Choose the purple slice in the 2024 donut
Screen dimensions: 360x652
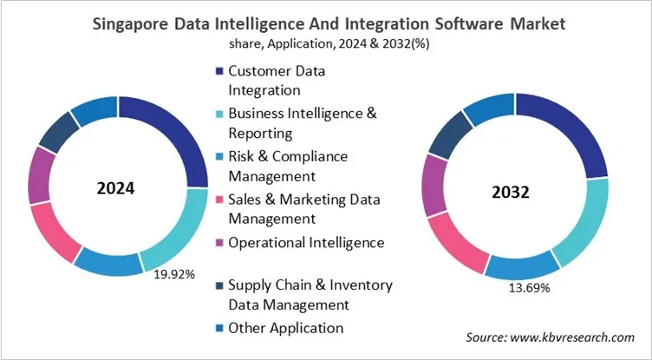tap(41, 173)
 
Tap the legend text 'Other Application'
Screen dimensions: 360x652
tap(285, 328)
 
